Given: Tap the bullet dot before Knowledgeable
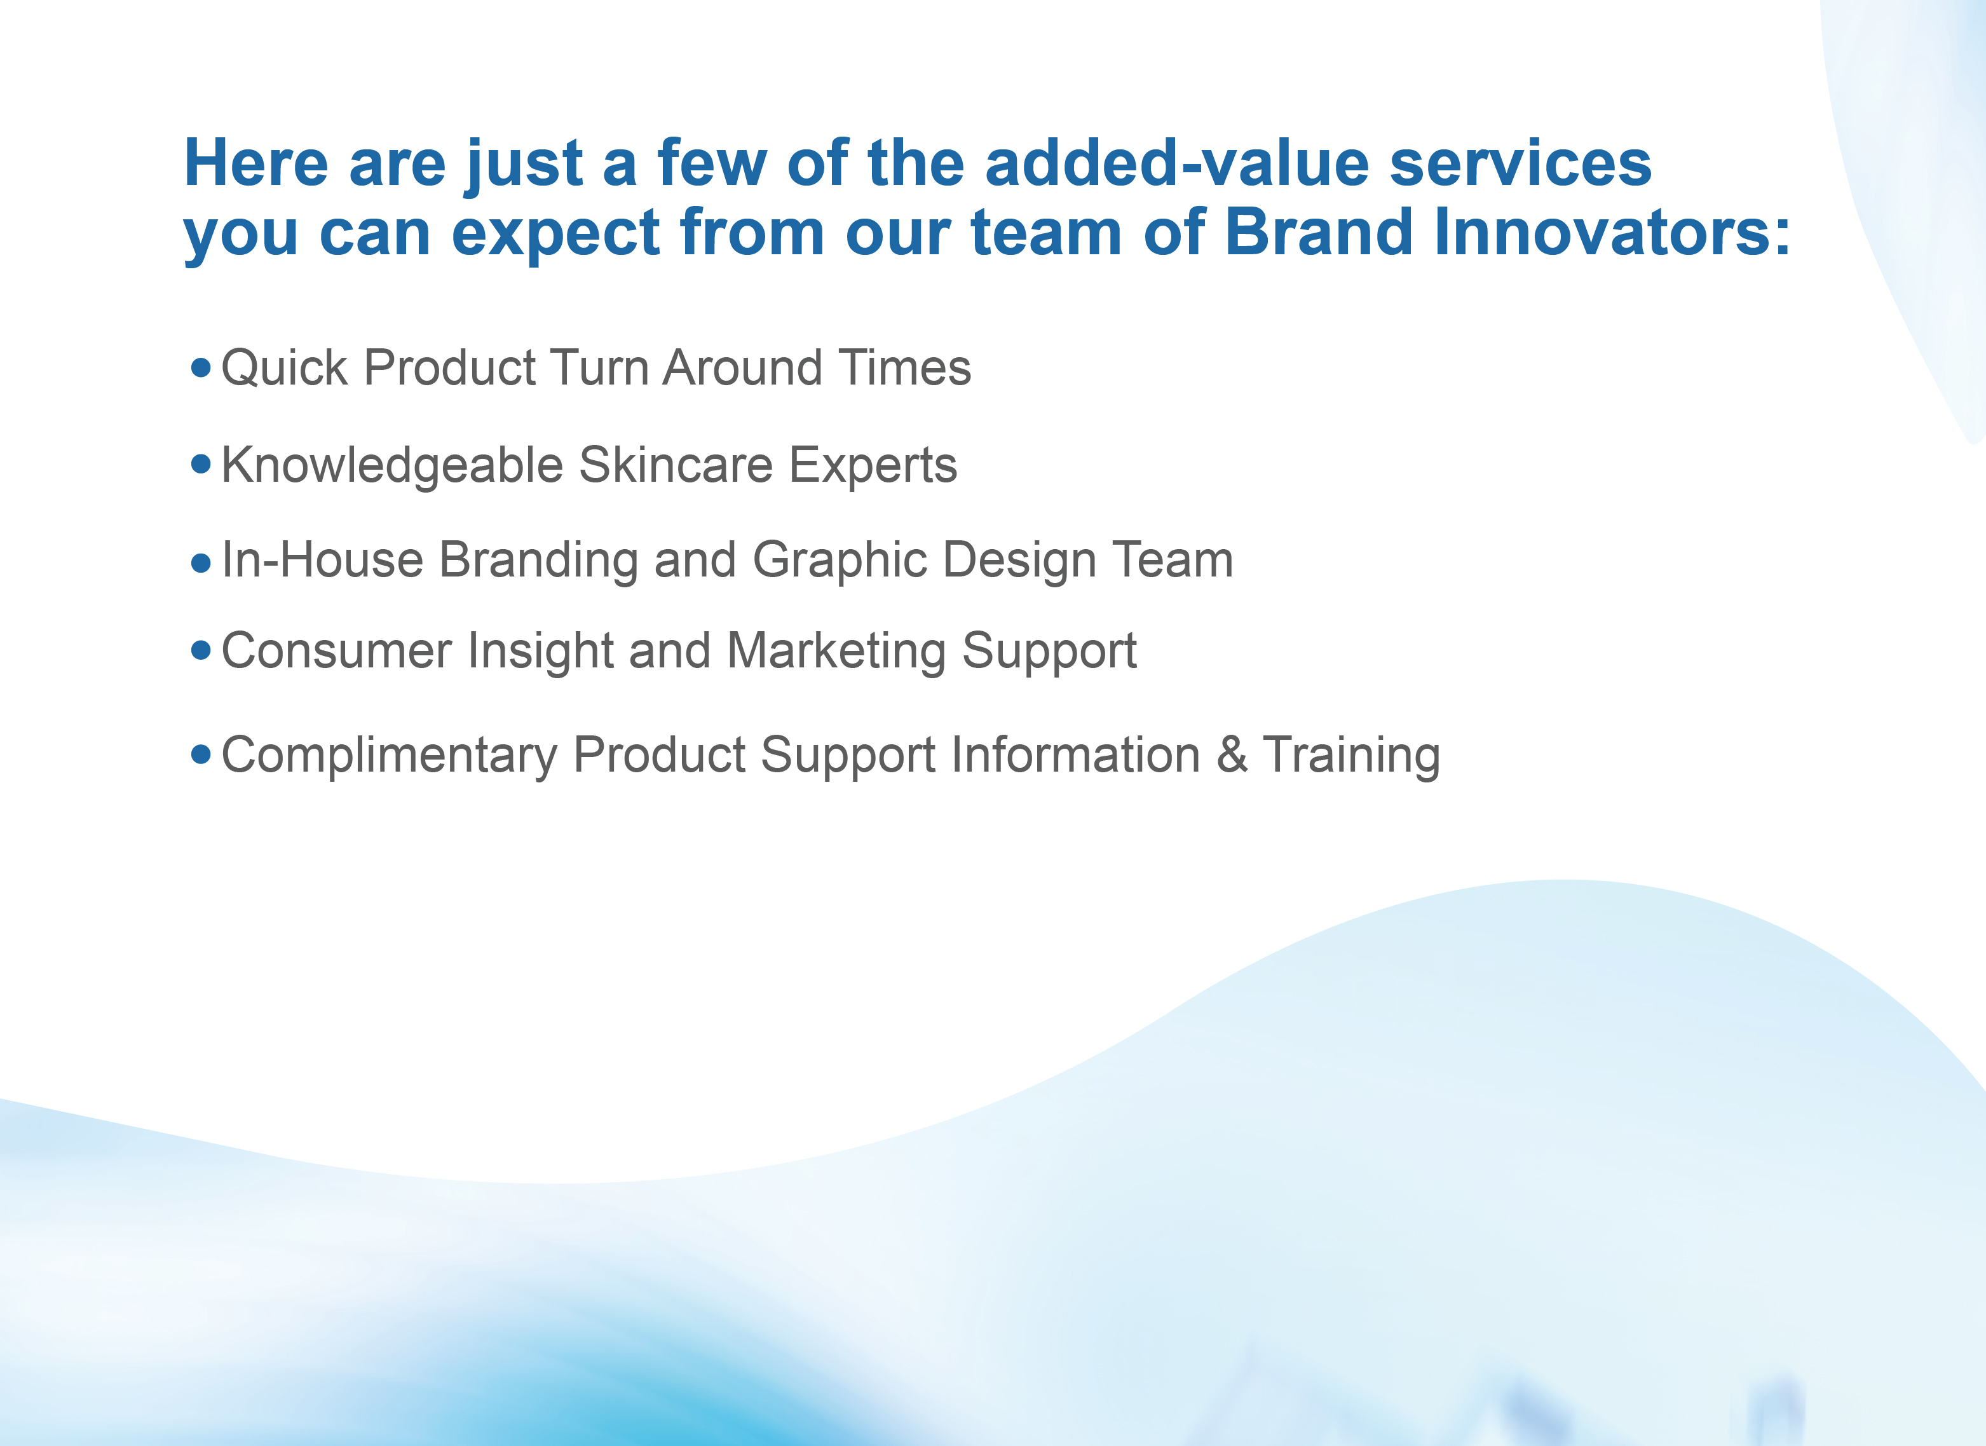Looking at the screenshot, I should pyautogui.click(x=201, y=463).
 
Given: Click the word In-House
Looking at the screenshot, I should pyautogui.click(x=322, y=560).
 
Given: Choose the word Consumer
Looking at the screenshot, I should pyautogui.click(x=336, y=651).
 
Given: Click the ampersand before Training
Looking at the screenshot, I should pyautogui.click(x=1231, y=755).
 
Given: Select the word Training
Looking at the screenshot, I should pyautogui.click(x=1351, y=756).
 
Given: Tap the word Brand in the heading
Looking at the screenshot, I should pyautogui.click(x=1318, y=233).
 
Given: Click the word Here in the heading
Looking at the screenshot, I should pyautogui.click(x=255, y=164).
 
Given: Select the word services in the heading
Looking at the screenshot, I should pyautogui.click(x=1520, y=164).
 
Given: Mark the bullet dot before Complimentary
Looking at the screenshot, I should pyautogui.click(x=201, y=754).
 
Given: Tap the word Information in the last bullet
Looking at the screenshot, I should pyautogui.click(x=1075, y=755).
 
